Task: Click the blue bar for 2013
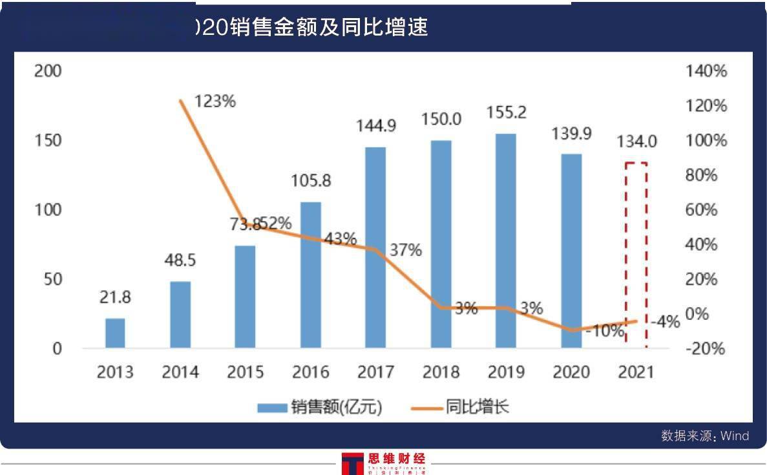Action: click(115, 333)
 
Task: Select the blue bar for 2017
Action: click(375, 248)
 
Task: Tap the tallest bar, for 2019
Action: click(505, 240)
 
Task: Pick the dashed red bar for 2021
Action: click(636, 255)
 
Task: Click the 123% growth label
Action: click(216, 101)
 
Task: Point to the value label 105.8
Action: click(311, 181)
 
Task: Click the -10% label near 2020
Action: click(605, 332)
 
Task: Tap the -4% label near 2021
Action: click(665, 321)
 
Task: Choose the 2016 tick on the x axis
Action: click(311, 372)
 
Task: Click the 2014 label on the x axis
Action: click(180, 372)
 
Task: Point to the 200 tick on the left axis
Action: click(48, 71)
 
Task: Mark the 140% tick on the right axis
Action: click(706, 71)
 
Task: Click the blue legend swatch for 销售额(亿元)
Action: click(272, 408)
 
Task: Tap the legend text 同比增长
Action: click(477, 407)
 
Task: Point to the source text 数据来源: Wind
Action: click(704, 436)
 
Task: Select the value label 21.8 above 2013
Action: click(115, 298)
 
